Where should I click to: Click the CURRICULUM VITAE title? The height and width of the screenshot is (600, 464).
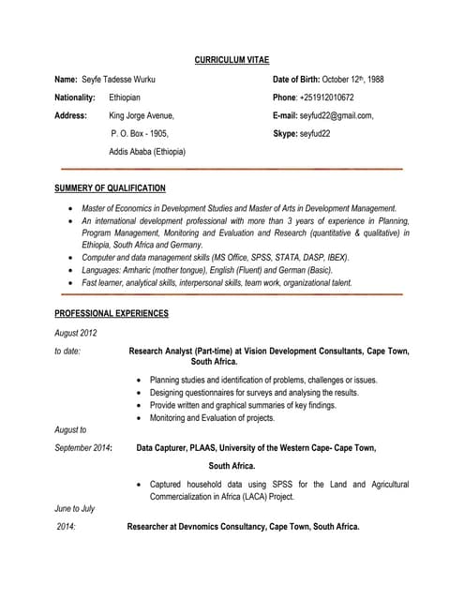tap(232, 60)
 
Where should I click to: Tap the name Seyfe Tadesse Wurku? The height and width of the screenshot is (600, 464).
tap(118, 80)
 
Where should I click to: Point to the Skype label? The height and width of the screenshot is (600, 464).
tap(283, 133)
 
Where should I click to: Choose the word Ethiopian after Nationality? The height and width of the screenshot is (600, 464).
tap(125, 97)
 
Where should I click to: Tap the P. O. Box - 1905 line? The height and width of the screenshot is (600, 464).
tap(140, 133)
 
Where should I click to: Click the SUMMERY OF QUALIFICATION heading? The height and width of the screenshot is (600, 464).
tap(110, 188)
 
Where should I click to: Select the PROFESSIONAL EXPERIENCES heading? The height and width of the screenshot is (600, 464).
tap(112, 313)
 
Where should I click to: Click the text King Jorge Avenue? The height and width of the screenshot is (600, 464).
tap(142, 115)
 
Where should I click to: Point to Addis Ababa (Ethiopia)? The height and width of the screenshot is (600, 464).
tap(147, 151)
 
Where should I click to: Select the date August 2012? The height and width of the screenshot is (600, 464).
tap(75, 333)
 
